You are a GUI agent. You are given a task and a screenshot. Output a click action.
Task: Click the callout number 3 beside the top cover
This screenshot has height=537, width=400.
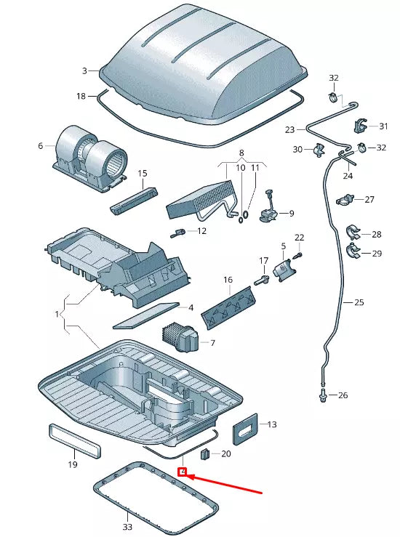84,70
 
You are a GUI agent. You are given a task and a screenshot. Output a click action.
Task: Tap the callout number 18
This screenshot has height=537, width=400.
81,96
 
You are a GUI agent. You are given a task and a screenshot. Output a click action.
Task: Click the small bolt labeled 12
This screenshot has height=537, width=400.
177,233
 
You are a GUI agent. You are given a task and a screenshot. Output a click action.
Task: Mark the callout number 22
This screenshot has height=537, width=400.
299,238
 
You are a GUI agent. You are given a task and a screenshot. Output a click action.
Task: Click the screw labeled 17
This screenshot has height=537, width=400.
260,280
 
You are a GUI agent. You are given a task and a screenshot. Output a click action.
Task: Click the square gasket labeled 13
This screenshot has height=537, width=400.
245,429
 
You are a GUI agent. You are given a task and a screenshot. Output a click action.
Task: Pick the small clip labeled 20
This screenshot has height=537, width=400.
205,455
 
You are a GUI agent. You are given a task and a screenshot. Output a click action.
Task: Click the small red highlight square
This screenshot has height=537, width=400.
183,472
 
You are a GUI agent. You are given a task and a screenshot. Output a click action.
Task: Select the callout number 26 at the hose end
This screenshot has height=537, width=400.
343,395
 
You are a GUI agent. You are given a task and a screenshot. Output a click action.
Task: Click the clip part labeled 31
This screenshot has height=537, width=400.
360,126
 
